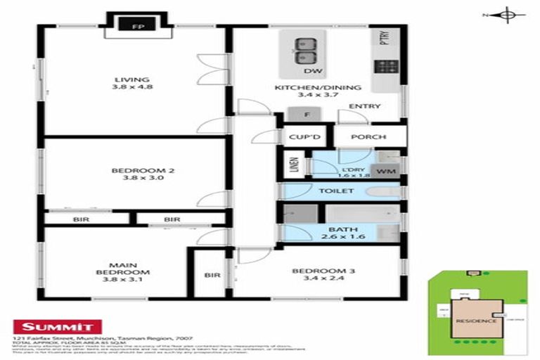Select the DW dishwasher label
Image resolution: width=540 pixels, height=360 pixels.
(308, 72)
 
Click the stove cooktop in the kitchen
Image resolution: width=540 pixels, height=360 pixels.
(385, 67)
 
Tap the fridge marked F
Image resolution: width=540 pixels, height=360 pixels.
(307, 115)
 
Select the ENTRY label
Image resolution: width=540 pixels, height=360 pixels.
(368, 107)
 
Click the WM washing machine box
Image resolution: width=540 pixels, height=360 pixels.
(384, 171)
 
